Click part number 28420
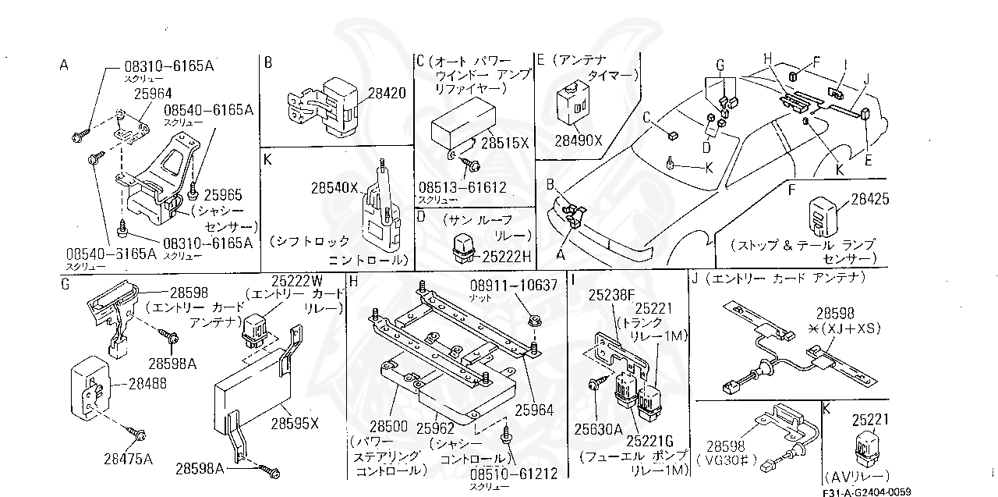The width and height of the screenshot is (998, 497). tap(387, 93)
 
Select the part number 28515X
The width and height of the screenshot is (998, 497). tap(505, 144)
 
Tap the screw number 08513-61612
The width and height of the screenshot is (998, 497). tap(462, 187)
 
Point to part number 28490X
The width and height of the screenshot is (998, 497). tap(579, 140)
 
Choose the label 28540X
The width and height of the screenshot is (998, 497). tap(334, 188)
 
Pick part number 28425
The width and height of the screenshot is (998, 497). tap(869, 200)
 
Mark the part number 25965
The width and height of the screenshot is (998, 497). tap(223, 193)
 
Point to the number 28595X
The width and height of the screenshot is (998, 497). tap(295, 424)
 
